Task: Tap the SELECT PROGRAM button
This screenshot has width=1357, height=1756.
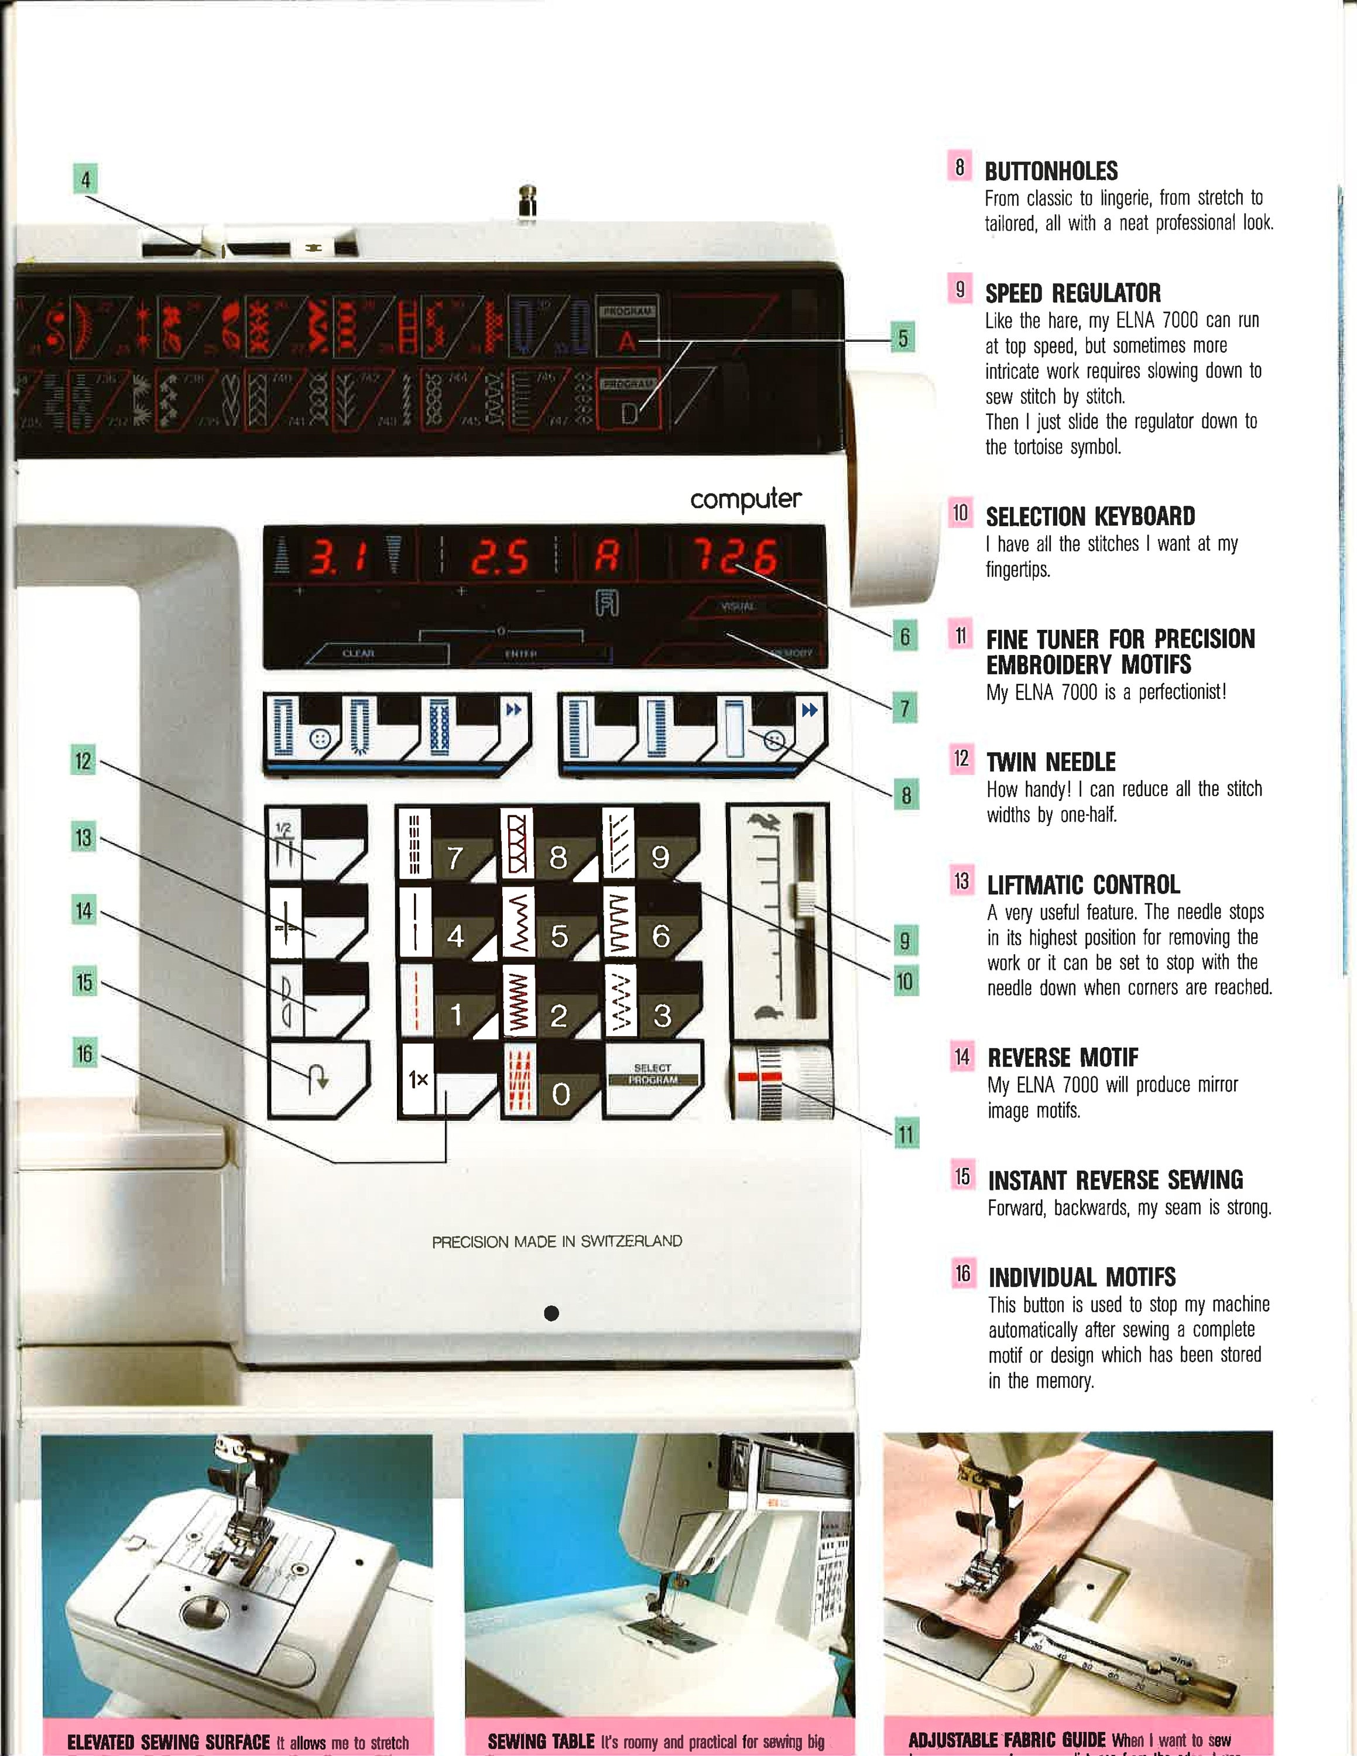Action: pyautogui.click(x=652, y=1076)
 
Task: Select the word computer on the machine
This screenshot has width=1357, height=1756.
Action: pyautogui.click(x=745, y=499)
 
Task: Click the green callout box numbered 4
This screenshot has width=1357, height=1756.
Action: pyautogui.click(x=85, y=179)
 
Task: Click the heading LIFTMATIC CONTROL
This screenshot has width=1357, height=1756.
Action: pyautogui.click(x=1083, y=885)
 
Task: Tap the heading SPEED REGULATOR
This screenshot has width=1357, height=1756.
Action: pyautogui.click(x=1072, y=293)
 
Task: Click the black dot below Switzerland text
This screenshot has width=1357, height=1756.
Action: pyautogui.click(x=551, y=1313)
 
